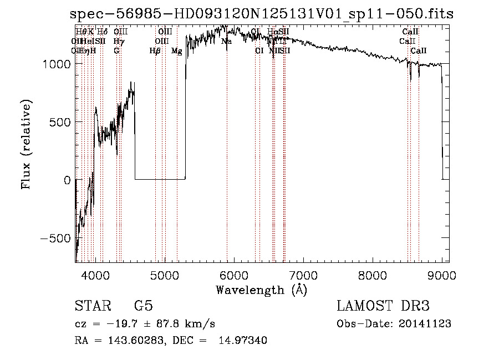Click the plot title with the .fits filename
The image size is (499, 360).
pos(262,14)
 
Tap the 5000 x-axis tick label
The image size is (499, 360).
pos(165,276)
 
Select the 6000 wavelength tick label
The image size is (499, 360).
pos(234,276)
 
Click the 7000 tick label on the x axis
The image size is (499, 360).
pos(303,276)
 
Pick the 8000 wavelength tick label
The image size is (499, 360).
pos(373,276)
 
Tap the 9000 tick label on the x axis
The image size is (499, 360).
pos(442,276)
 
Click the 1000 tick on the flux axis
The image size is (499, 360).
pos(55,64)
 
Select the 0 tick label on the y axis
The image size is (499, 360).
pos(66,180)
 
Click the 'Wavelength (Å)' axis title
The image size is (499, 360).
pos(261,290)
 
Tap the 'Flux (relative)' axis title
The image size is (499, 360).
pos(26,144)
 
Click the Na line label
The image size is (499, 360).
pos(226,41)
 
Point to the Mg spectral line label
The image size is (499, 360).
pos(176,51)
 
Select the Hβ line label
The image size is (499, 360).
pos(155,51)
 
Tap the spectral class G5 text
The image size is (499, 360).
pos(143,306)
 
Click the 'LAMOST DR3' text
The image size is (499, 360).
pos(383,306)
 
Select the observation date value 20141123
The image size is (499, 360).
pos(427,324)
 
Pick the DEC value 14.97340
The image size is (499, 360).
pos(246,341)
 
